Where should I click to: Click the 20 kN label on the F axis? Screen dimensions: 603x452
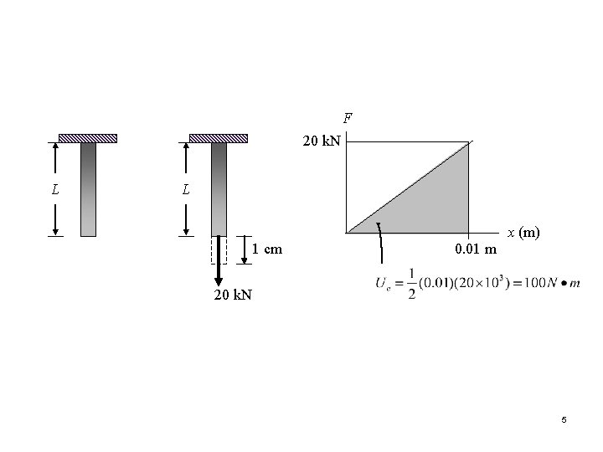tap(322, 141)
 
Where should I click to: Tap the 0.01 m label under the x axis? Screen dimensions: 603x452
tap(476, 249)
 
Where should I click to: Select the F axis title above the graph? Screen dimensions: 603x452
tap(348, 118)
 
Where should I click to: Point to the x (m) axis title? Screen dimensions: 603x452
tap(523, 233)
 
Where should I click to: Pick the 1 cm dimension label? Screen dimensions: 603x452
tap(267, 249)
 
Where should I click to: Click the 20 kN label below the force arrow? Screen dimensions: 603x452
tap(233, 295)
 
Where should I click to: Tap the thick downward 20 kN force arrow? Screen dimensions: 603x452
tap(219, 260)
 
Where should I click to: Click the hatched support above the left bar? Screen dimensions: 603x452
tap(88, 138)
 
